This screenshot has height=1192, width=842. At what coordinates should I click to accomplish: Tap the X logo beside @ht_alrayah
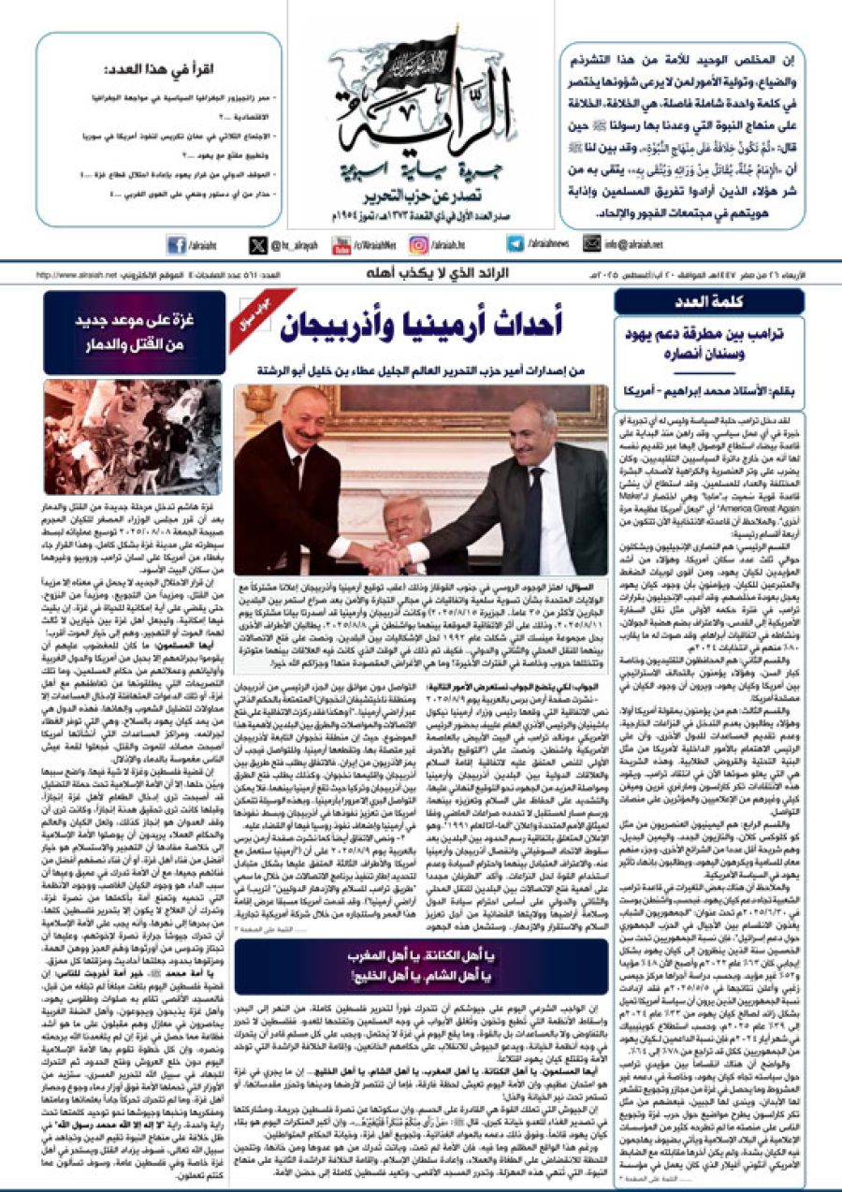tap(258, 245)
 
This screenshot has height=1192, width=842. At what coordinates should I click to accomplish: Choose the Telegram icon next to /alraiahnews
tap(515, 244)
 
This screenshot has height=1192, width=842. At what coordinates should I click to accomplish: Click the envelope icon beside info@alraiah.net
tap(591, 244)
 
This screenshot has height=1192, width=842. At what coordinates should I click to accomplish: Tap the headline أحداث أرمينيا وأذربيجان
tap(434, 324)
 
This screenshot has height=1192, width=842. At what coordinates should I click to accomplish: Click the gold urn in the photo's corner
tap(252, 398)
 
